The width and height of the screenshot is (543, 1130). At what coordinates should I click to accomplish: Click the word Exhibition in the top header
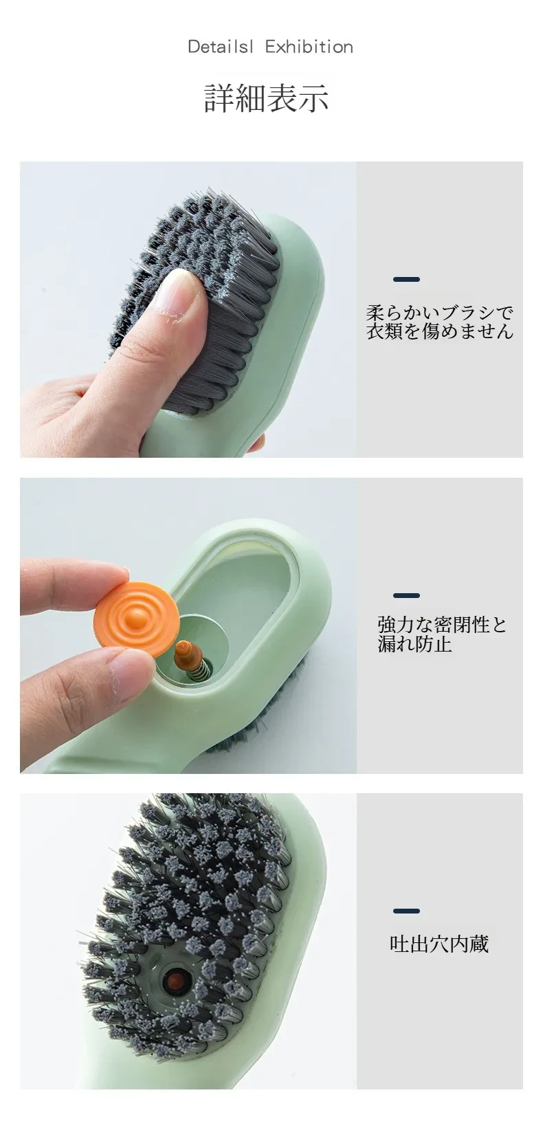(309, 47)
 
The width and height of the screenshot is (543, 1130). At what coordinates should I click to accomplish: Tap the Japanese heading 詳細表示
(267, 98)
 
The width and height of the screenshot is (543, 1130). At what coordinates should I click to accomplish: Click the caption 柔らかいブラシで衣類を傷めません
(439, 322)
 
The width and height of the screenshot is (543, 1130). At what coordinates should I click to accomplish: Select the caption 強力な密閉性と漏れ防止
(442, 634)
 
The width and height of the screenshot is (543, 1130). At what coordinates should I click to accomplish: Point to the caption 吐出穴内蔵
(439, 944)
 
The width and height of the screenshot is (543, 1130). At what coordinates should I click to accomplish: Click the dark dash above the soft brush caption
(406, 279)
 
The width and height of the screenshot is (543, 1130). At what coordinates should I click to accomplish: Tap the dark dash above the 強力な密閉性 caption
(406, 595)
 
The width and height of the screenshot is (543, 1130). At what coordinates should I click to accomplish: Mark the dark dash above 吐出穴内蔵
(406, 911)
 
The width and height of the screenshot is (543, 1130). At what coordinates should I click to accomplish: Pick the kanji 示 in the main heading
(313, 98)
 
